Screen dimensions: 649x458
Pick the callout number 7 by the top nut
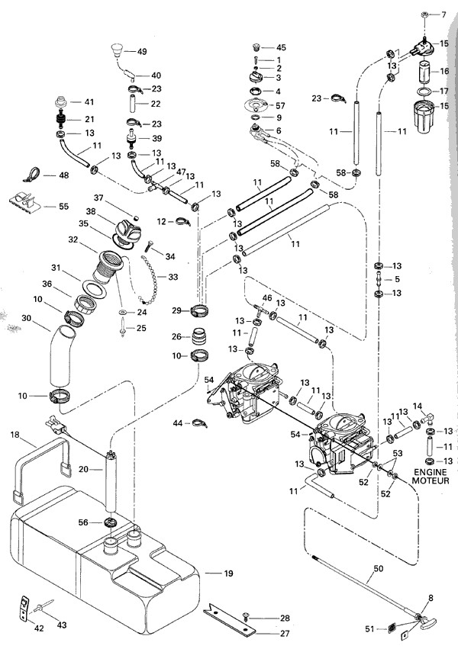click(446, 15)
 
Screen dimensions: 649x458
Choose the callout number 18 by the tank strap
click(15, 434)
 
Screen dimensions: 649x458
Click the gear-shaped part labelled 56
click(105, 522)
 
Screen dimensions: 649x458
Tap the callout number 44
click(178, 422)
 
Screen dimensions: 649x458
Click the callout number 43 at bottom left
click(62, 625)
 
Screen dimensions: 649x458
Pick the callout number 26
click(176, 336)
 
